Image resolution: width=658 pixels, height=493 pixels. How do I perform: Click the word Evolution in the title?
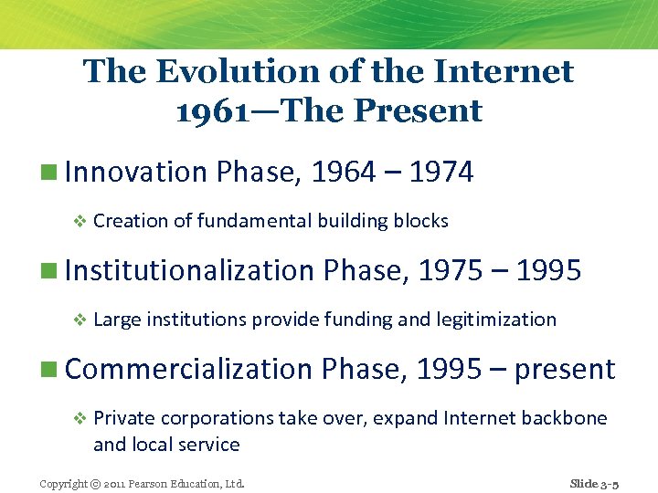tap(215, 71)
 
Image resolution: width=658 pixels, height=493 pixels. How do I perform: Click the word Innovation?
tap(136, 172)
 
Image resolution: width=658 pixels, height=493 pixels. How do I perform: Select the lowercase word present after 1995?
tap(565, 370)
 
